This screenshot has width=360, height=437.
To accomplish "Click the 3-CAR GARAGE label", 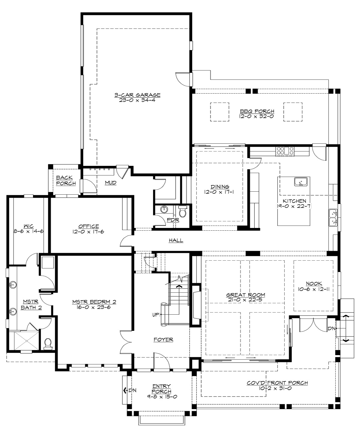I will click(137, 95).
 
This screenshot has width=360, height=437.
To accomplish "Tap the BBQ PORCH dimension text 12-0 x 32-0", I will click(256, 116).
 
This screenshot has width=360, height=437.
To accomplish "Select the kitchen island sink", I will click(300, 182).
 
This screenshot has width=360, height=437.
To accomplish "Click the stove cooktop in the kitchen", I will click(285, 150).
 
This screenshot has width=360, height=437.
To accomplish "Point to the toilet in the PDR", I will click(182, 212).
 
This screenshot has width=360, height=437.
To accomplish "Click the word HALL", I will click(176, 240).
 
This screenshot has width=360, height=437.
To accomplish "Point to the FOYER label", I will click(163, 340).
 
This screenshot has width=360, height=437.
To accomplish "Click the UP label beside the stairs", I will click(155, 315).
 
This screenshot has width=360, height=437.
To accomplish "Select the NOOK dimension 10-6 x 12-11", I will click(314, 289).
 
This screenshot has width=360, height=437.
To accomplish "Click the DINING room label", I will click(220, 187).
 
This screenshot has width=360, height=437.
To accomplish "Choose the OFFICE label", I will click(88, 226).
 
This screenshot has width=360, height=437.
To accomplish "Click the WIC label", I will click(29, 226).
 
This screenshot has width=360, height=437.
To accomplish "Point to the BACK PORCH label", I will click(64, 180).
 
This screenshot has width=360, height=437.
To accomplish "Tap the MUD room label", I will click(110, 182).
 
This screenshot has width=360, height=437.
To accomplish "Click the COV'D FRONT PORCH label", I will click(277, 383).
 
